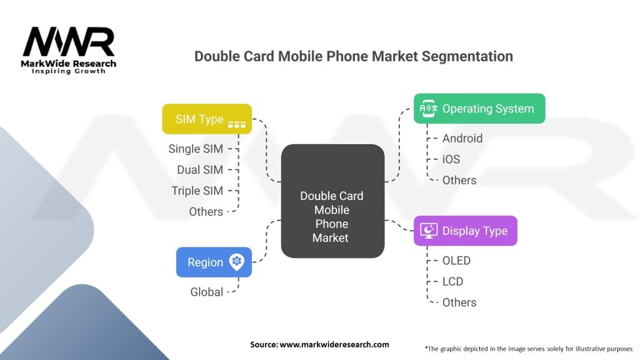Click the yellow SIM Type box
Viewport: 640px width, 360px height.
207,119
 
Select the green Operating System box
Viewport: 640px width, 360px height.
479,109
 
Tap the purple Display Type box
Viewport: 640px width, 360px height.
465,231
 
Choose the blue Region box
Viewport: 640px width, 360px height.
214,262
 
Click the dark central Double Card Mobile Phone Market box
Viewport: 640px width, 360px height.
332,201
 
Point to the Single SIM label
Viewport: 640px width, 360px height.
196,149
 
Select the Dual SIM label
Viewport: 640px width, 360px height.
200,169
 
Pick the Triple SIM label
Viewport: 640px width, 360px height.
197,191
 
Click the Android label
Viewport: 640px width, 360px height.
462,138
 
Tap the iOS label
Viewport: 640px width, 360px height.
451,159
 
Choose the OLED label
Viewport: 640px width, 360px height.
456,261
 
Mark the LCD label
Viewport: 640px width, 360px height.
452,282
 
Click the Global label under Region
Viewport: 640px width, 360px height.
206,292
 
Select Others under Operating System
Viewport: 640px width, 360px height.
459,180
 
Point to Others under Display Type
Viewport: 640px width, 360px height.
459,302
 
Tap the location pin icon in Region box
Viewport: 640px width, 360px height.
237,262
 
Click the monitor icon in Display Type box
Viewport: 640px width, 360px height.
429,231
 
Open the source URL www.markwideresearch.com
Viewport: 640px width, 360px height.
334,344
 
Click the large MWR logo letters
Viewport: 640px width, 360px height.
69,42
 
